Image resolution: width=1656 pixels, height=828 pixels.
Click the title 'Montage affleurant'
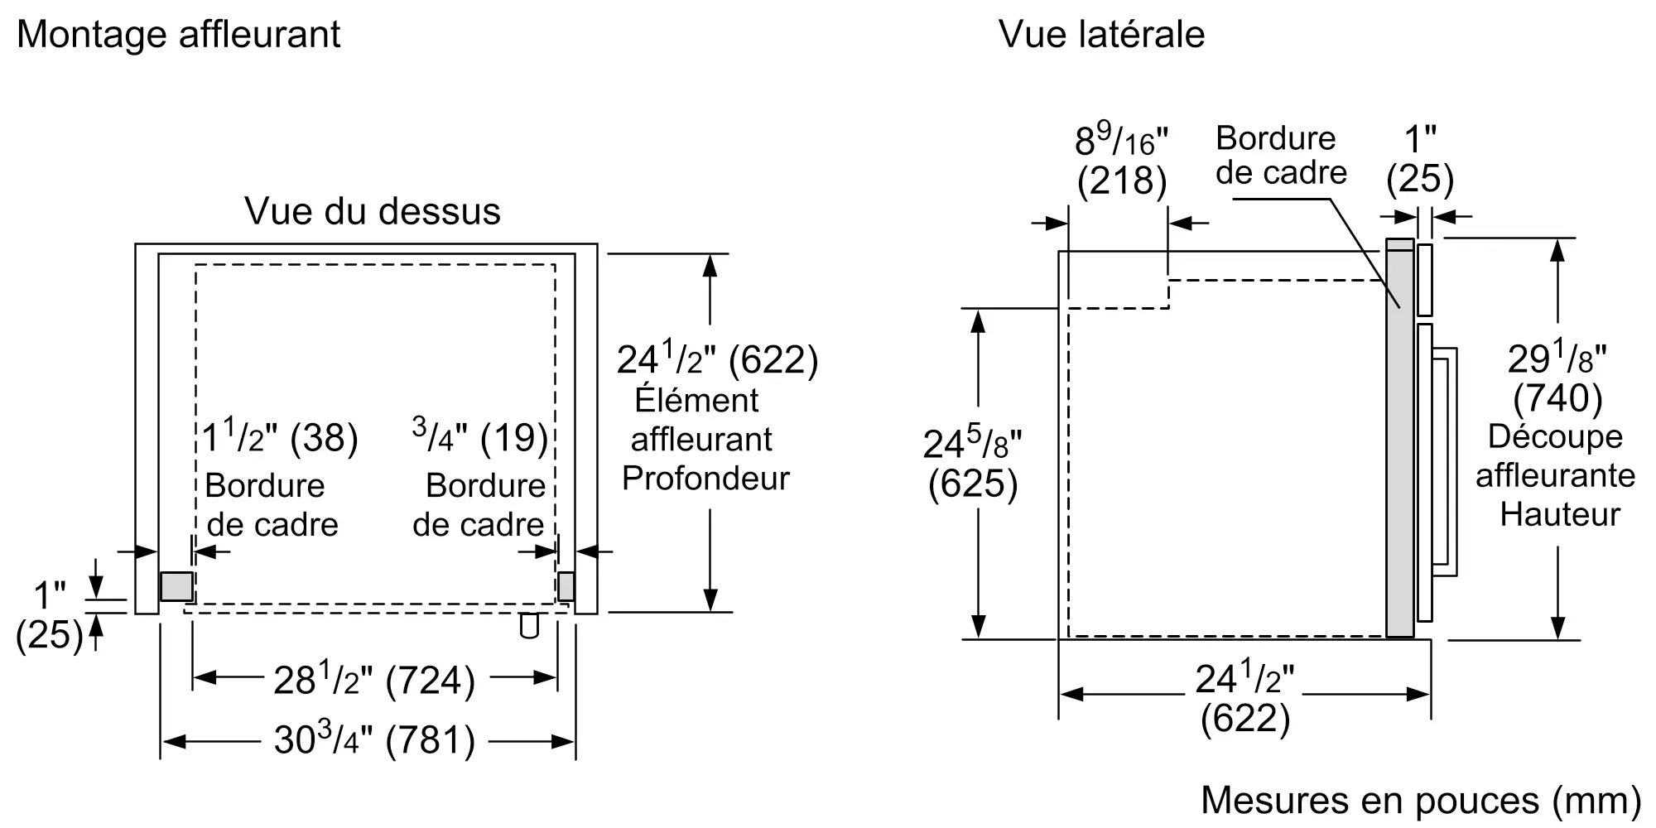click(178, 35)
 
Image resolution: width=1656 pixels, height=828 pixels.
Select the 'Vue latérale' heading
click(1101, 35)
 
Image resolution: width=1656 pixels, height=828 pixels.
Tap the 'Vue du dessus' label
click(373, 212)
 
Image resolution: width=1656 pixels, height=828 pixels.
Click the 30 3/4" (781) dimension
click(374, 739)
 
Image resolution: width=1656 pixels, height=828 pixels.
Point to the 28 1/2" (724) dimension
click(374, 680)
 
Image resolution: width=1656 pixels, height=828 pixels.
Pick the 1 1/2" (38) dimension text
click(280, 436)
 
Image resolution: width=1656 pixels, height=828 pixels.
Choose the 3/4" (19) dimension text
click(480, 436)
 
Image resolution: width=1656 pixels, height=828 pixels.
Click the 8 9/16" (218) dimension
click(1121, 161)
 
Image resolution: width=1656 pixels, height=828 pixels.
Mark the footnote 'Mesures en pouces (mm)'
click(1421, 800)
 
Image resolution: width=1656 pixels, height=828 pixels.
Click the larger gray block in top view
click(176, 586)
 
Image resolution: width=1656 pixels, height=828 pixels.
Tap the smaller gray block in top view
click(566, 586)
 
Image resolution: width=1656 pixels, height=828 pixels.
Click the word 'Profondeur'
click(705, 479)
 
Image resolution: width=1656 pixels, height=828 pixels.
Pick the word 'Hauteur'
click(1560, 515)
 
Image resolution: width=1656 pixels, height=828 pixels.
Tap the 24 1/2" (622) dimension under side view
click(1244, 698)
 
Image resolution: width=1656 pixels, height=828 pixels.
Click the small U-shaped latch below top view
click(529, 627)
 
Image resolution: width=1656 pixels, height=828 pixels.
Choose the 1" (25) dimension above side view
click(1420, 160)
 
